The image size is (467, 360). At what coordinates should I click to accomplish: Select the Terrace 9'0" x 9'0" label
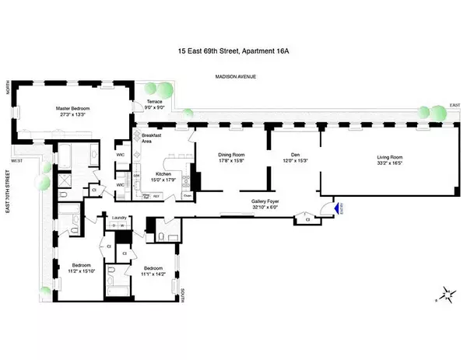pos(152,107)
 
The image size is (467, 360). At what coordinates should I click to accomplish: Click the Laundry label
pos(119,218)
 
